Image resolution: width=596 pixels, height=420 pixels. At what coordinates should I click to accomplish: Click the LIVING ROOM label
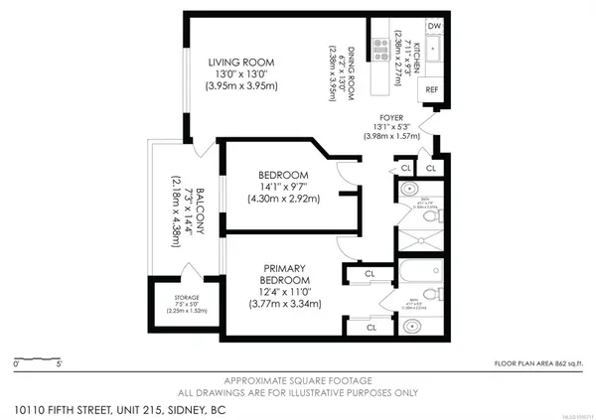pos(240,63)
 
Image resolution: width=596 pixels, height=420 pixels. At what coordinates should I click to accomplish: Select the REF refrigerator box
pos(431,89)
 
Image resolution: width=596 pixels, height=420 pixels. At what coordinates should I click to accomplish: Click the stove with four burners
pos(378,46)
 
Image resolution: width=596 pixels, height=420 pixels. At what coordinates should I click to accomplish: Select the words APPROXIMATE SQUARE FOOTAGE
pos(298,381)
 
